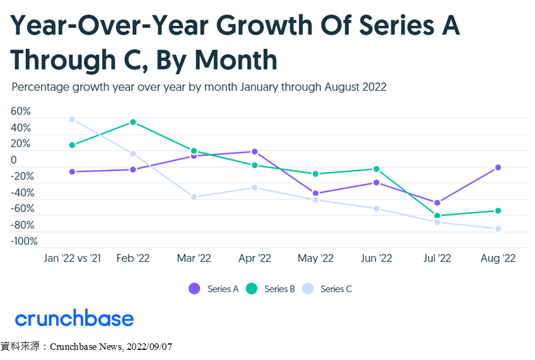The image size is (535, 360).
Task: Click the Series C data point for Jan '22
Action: click(x=72, y=119)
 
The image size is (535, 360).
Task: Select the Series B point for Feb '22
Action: click(x=133, y=122)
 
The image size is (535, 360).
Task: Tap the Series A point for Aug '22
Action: click(x=498, y=168)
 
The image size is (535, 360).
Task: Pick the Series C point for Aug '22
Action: click(x=498, y=228)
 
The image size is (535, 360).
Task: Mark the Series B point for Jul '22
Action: click(x=437, y=216)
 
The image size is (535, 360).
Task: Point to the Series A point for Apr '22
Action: click(x=254, y=151)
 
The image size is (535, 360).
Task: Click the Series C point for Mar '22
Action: click(x=194, y=197)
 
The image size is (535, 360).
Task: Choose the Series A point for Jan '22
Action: click(x=72, y=172)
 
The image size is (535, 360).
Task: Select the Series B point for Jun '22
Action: click(x=376, y=169)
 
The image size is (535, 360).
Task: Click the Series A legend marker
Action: click(x=194, y=289)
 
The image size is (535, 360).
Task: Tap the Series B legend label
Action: click(x=279, y=289)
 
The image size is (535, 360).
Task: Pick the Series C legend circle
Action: click(x=308, y=289)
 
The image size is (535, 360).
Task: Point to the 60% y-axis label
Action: click(x=20, y=111)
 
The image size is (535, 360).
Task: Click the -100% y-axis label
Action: click(x=24, y=241)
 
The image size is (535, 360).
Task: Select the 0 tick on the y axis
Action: click(x=14, y=160)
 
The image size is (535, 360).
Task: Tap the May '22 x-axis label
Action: click(x=316, y=258)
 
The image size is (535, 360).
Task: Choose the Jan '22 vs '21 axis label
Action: click(x=73, y=258)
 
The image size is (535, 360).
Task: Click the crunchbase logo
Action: click(x=74, y=318)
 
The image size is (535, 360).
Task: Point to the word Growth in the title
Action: click(x=264, y=26)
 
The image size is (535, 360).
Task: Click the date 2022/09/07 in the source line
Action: click(x=149, y=347)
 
